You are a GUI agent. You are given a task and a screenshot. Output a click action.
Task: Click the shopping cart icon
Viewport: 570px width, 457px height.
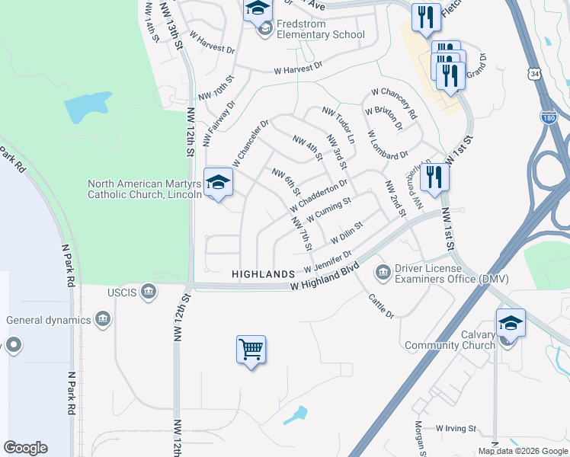click(251, 350)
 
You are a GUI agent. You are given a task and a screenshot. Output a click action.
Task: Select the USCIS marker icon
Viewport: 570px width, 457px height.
click(149, 290)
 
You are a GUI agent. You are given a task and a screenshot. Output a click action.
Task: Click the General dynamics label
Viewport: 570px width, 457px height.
click(48, 320)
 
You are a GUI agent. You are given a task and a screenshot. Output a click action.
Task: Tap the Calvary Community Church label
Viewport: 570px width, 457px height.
click(450, 340)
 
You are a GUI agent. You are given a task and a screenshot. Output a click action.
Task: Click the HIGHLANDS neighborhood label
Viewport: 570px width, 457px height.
click(263, 273)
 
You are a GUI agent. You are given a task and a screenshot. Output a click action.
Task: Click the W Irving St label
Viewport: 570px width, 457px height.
click(456, 429)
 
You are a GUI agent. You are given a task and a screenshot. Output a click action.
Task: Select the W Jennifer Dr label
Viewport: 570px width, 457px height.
click(328, 262)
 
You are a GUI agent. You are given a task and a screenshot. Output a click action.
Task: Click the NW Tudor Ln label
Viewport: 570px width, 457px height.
click(338, 126)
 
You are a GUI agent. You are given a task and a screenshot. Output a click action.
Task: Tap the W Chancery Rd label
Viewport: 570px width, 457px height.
click(394, 103)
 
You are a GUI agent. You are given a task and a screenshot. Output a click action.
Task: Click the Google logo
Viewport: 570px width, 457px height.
click(25, 448)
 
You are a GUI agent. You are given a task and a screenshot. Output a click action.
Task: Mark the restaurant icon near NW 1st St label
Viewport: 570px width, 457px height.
click(434, 177)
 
